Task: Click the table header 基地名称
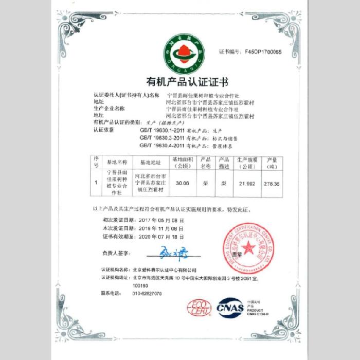pos(117,162)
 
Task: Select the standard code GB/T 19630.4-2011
pos(161,146)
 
